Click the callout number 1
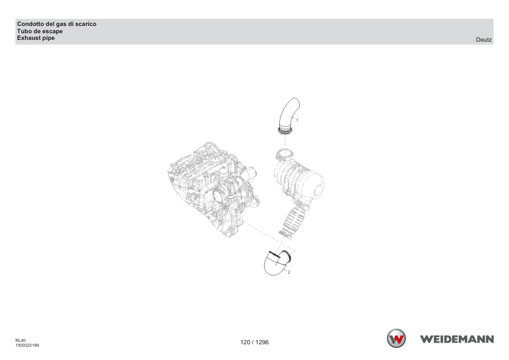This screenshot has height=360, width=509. pos(297,120)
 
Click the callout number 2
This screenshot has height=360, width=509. pos(288,272)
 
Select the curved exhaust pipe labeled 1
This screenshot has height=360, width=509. pos(288,115)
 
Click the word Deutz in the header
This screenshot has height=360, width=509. pos(484,40)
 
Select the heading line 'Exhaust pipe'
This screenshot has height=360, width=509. pos(36,38)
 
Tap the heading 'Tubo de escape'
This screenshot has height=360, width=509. pos(40,31)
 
